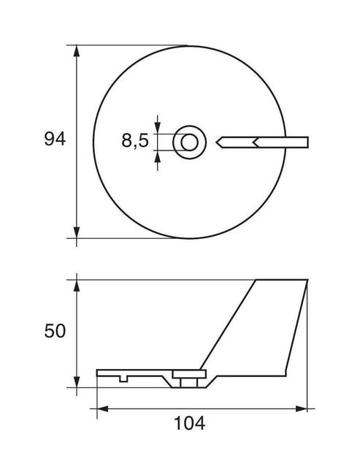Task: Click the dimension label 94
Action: coord(55,140)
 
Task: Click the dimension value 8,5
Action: coord(135,141)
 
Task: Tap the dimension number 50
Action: coord(55,331)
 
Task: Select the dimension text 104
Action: coord(190,423)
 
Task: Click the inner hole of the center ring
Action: coord(190,142)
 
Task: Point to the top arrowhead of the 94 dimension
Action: coord(77,51)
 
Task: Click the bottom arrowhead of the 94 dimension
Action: coord(77,232)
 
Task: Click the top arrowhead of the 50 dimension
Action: coord(77,286)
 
